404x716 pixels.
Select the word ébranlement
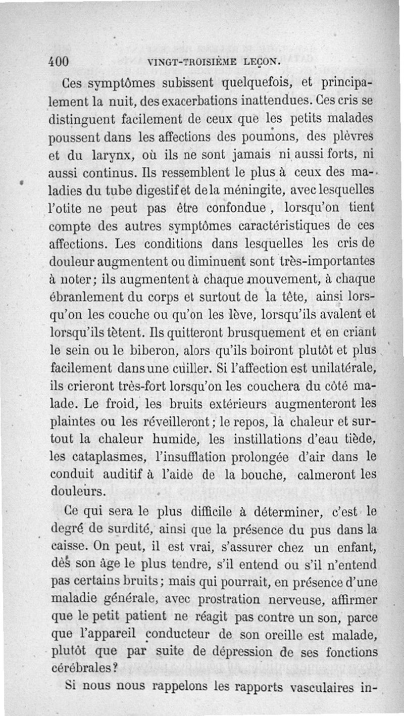pyautogui.click(x=83, y=297)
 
